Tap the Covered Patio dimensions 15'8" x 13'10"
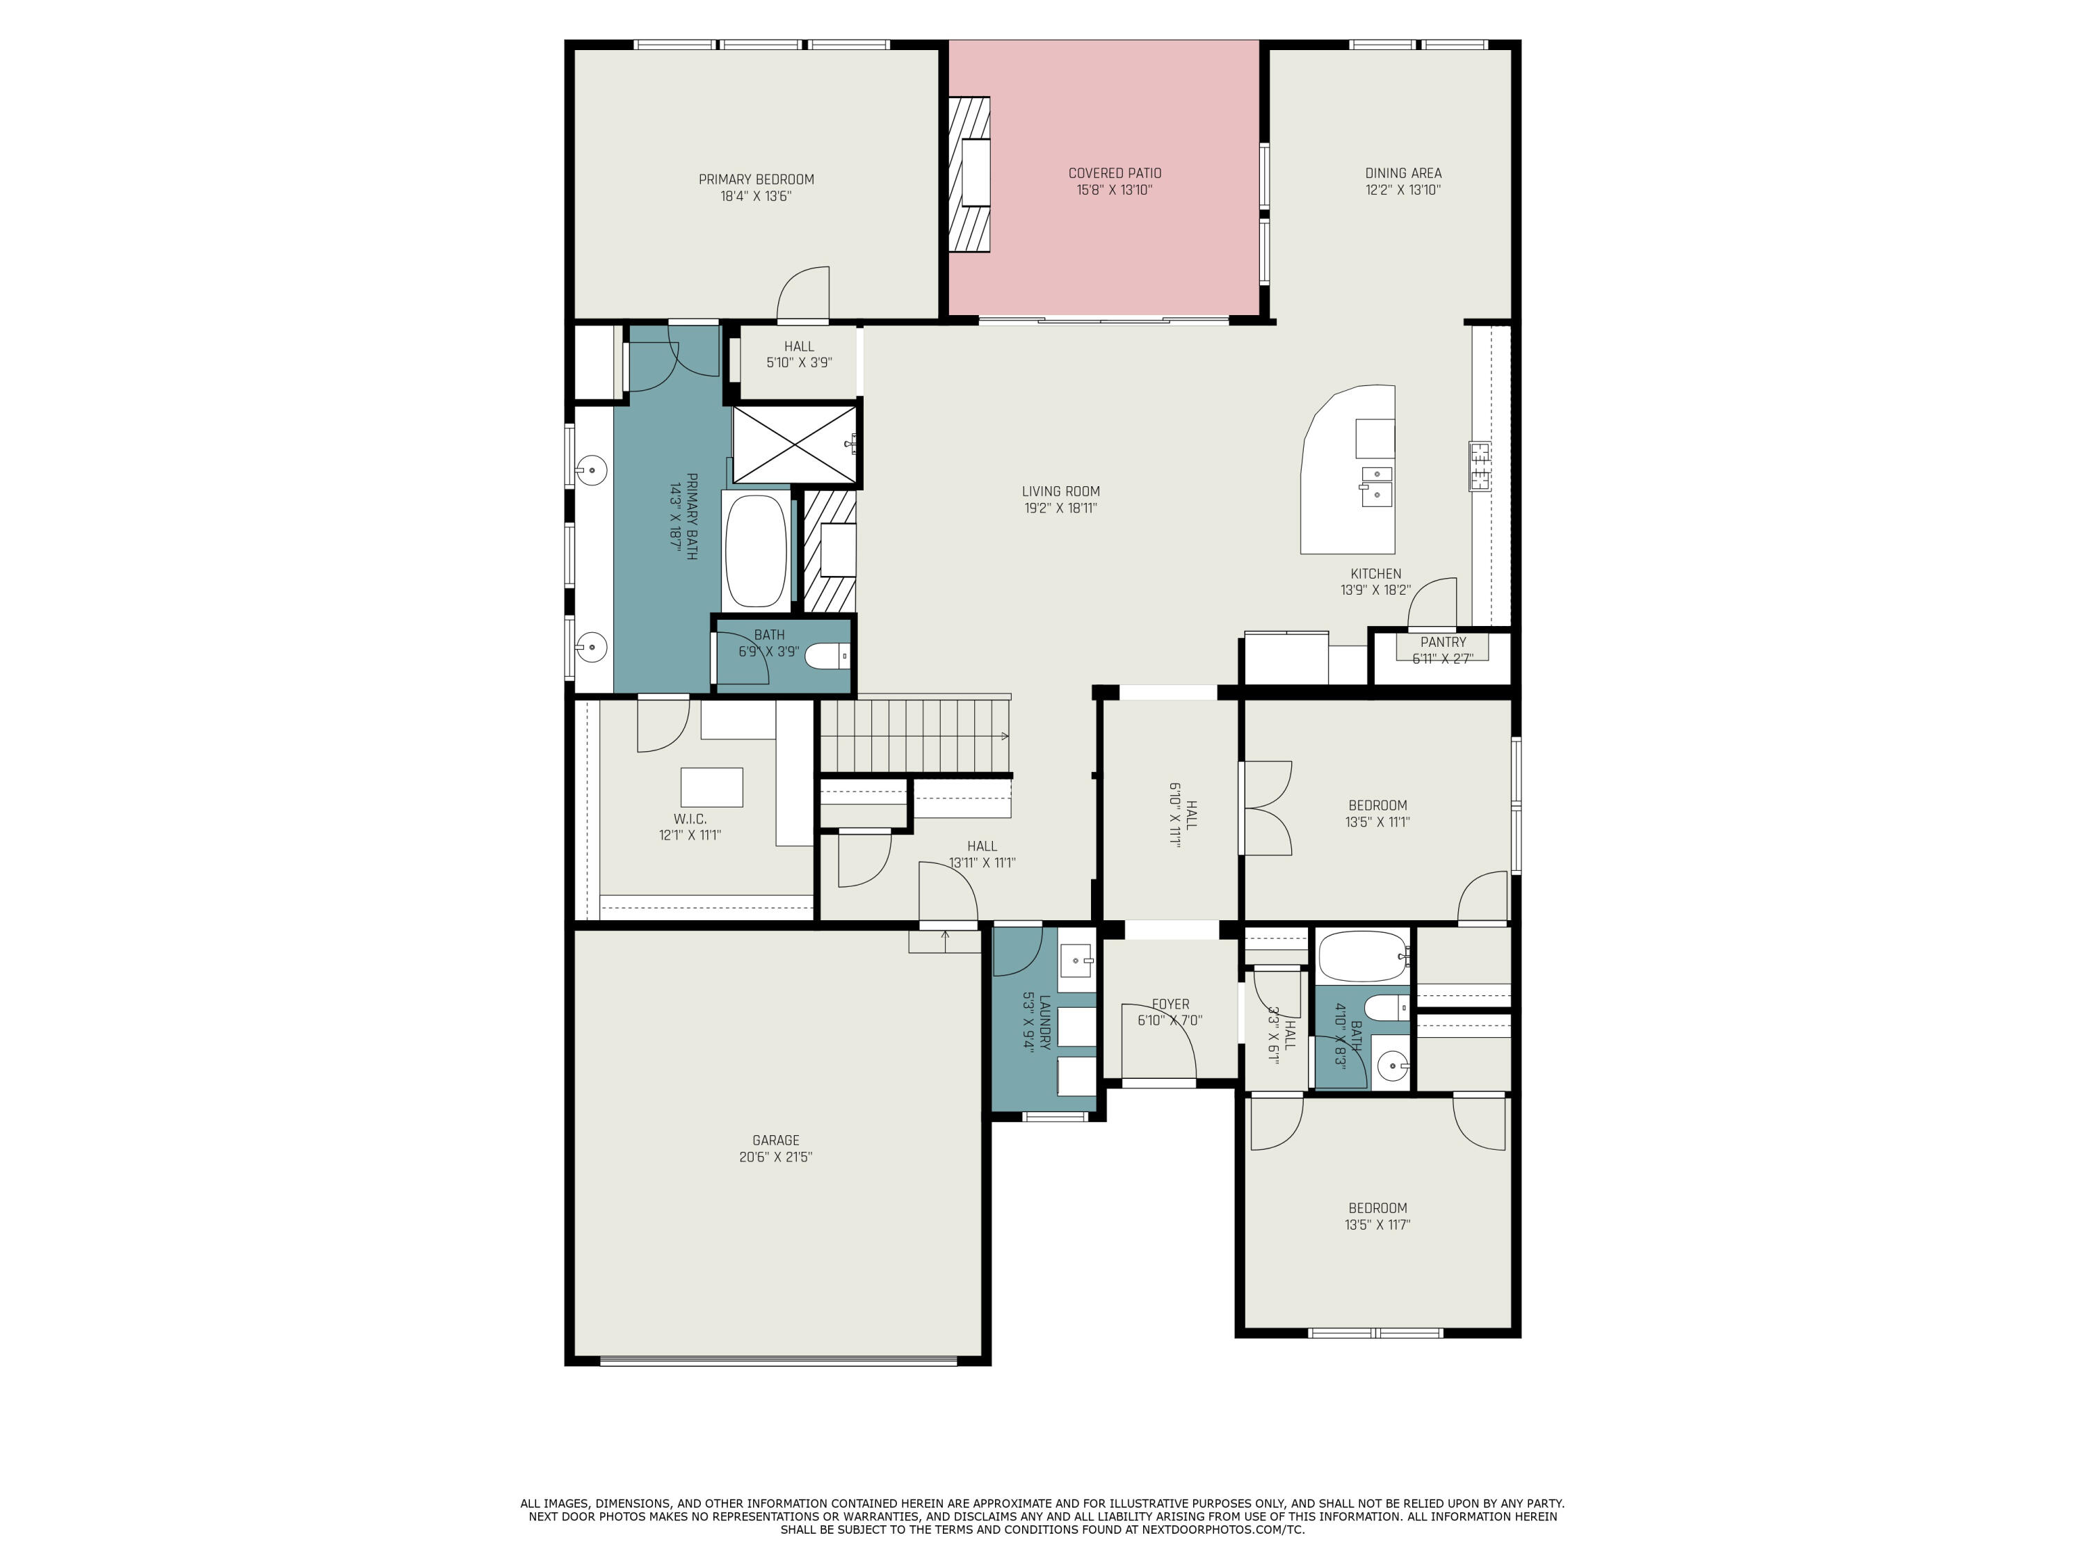coord(1114,190)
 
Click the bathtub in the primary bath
coord(755,551)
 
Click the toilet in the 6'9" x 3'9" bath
coord(829,655)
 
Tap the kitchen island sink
coord(1376,483)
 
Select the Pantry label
coord(1443,643)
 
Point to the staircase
coord(913,736)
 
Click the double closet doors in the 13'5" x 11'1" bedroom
coord(1266,808)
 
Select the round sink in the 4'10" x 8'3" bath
coord(1391,1067)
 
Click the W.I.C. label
coord(689,818)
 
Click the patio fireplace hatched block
coord(969,175)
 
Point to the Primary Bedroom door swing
coord(804,294)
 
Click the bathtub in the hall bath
coord(1361,956)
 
